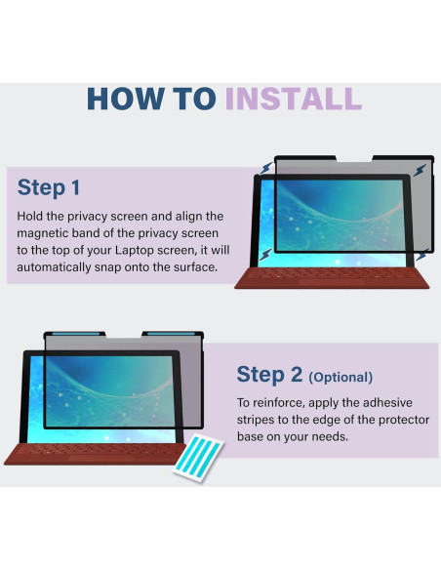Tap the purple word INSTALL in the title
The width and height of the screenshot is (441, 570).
pyautogui.click(x=294, y=98)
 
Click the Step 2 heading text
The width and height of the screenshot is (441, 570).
pyautogui.click(x=270, y=375)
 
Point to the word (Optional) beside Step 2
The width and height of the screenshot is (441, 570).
pyautogui.click(x=341, y=377)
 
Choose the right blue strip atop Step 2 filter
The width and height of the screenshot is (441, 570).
pyautogui.click(x=171, y=336)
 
